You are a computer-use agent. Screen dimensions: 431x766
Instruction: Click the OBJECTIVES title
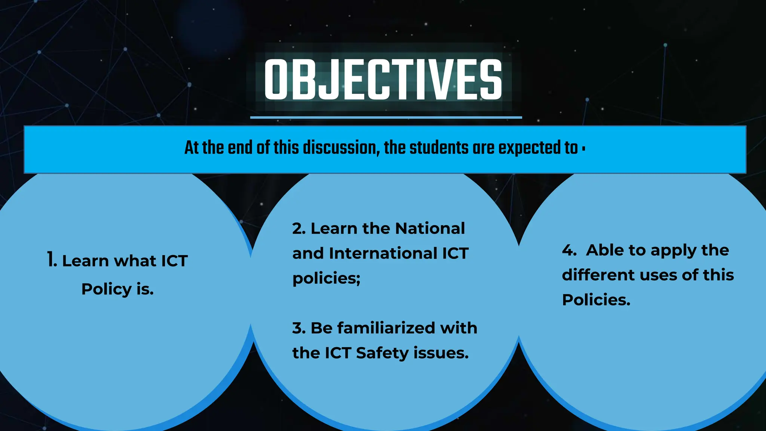point(383,80)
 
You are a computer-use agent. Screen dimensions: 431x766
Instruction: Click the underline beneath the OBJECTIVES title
point(386,117)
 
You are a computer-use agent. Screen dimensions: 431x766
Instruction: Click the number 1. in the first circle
point(52,260)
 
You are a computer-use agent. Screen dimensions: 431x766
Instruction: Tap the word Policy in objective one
point(107,289)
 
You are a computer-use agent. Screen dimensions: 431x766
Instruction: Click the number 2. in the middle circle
point(299,229)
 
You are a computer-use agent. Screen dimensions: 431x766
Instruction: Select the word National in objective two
point(430,229)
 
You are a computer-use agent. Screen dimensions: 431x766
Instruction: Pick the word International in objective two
point(383,253)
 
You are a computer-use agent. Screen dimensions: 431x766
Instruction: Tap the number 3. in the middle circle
point(299,328)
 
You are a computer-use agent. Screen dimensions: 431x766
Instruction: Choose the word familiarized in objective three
point(386,328)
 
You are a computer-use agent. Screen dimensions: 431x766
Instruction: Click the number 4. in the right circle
point(569,250)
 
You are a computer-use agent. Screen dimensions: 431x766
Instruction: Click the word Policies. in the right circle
point(596,300)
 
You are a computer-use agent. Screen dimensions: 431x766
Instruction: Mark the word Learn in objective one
point(85,261)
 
